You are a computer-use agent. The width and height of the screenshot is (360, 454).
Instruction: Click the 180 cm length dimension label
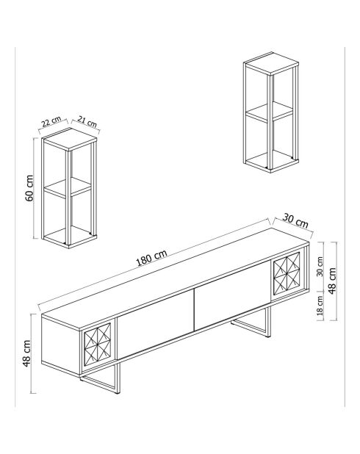pos(151,257)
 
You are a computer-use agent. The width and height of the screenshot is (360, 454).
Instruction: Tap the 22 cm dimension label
pos(51,122)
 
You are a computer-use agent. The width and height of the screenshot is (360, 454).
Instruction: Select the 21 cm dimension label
pos(87,122)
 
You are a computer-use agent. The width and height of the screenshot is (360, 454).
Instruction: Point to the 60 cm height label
pos(29,188)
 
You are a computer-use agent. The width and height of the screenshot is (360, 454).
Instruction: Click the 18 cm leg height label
pos(320,306)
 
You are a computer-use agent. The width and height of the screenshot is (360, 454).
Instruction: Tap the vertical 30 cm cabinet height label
pos(320,267)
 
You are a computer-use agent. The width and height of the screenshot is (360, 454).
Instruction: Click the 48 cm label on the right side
pos(332,281)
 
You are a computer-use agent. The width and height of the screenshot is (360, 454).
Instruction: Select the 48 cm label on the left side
pos(27,353)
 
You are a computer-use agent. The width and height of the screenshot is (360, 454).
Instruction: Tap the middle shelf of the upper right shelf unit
pos(270,112)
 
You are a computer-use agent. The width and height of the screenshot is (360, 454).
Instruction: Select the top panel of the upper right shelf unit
pos(271,64)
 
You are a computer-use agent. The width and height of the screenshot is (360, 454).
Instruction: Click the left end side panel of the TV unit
pos(61,344)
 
